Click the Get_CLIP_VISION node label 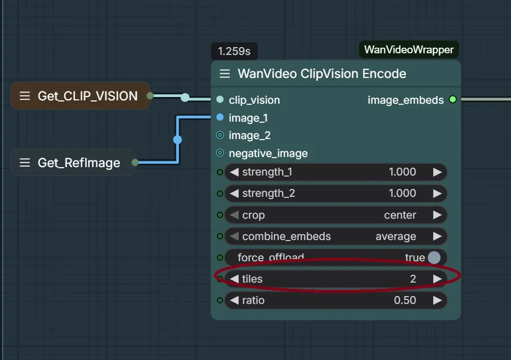coord(87,96)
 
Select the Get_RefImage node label coord(79,163)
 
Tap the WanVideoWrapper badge coord(408,50)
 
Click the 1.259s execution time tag coord(234,52)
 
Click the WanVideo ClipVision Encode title coord(322,73)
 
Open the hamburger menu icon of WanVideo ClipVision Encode coord(225,74)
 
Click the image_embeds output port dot coord(453,100)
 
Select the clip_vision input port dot coord(220,100)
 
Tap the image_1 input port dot coord(220,118)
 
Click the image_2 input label coord(249,135)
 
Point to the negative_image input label coord(268,153)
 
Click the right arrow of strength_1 coord(437,172)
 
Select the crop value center coord(400,215)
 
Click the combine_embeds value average coord(396,236)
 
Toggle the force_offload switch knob coord(434,257)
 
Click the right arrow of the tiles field coord(437,279)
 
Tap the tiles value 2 coord(412,279)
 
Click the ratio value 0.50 coord(405,300)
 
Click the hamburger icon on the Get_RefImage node coord(25,163)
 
